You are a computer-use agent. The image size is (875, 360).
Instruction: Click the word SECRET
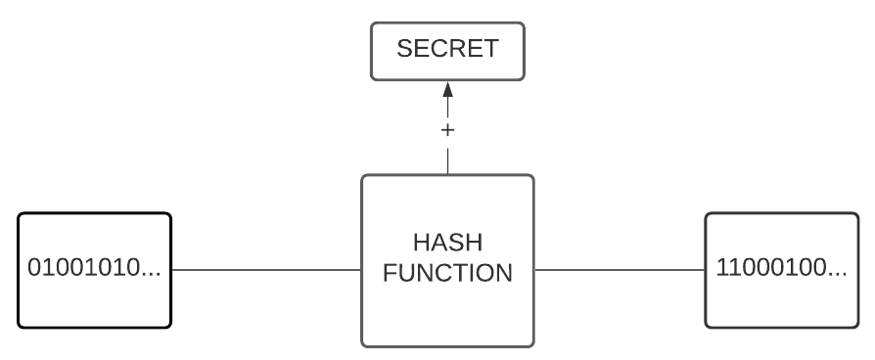[448, 49]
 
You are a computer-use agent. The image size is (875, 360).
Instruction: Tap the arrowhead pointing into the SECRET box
[448, 90]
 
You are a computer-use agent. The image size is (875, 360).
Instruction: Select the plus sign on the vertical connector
[448, 129]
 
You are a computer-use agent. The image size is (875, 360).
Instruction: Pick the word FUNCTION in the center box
[447, 273]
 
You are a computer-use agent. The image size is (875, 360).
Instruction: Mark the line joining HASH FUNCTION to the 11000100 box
[620, 269]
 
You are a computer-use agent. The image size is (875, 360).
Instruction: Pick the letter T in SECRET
[492, 49]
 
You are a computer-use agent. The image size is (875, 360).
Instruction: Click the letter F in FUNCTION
[390, 273]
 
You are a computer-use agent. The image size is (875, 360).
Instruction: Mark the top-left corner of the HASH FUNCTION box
[364, 177]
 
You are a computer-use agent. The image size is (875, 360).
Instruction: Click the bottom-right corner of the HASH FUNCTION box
[531, 344]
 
